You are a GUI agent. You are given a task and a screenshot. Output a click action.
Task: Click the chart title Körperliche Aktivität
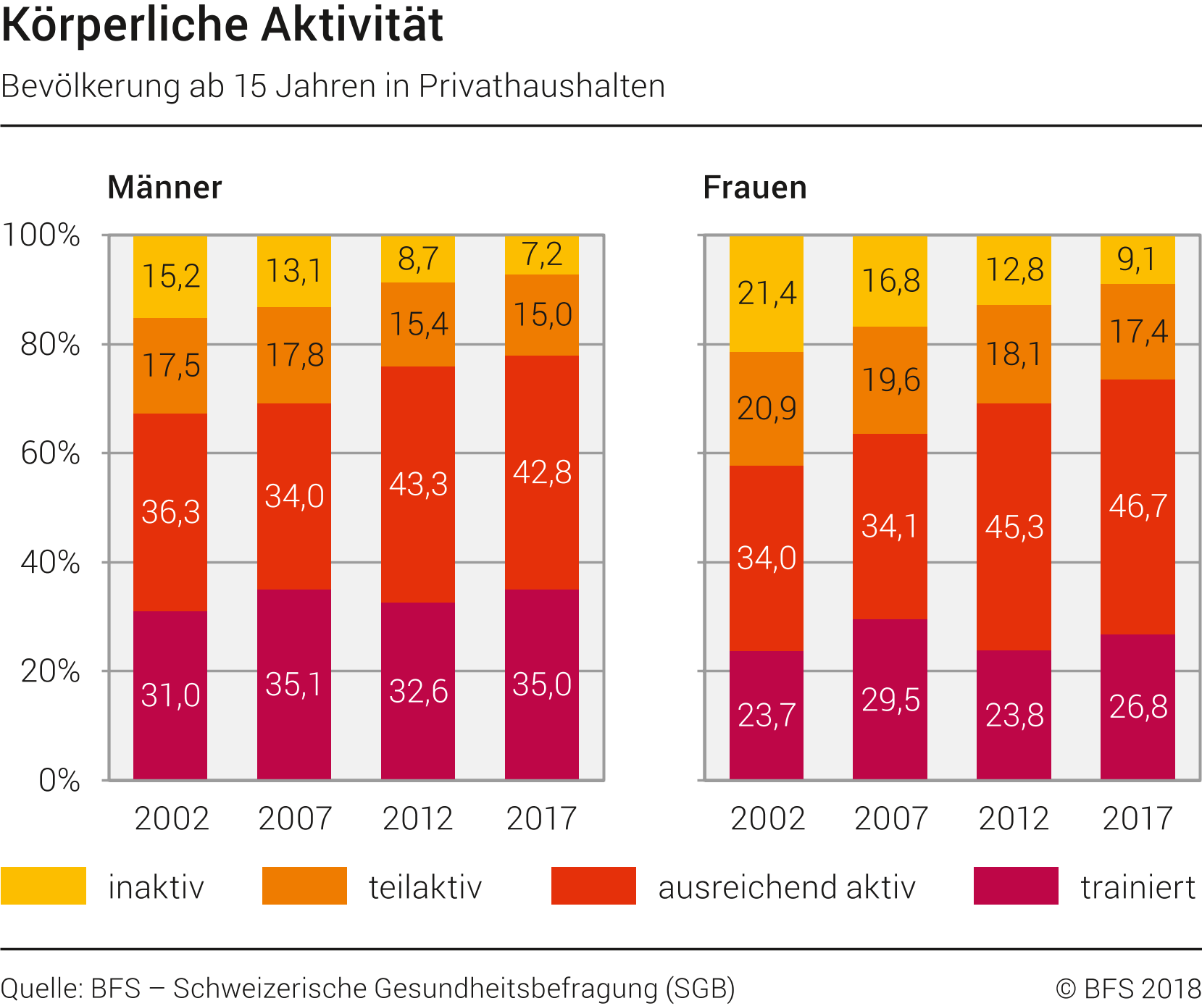click(222, 25)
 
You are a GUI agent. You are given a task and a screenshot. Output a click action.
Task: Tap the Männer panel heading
click(164, 188)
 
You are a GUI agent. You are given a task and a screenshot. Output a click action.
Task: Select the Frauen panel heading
click(754, 188)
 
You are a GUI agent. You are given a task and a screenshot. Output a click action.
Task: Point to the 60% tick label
click(50, 453)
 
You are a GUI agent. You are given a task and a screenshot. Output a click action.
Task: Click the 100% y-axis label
click(41, 235)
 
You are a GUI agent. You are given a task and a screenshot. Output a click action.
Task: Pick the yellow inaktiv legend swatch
click(43, 885)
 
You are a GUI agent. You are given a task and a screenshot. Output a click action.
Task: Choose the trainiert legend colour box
click(1016, 885)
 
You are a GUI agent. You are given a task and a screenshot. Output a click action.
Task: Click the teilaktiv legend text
click(425, 887)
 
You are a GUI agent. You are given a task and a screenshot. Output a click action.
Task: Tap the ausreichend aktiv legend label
click(786, 887)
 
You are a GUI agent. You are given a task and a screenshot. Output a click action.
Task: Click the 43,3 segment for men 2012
click(418, 484)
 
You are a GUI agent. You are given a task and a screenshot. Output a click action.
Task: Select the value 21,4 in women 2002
click(767, 293)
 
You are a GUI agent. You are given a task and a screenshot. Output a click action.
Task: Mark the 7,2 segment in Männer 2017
click(542, 255)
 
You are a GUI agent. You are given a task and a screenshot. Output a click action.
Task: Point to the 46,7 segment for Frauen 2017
click(1138, 506)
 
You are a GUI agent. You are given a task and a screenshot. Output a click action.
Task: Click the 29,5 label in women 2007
click(890, 700)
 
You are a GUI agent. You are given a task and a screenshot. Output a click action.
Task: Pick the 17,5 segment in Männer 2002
click(170, 366)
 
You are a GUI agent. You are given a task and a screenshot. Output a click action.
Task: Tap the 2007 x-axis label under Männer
click(294, 819)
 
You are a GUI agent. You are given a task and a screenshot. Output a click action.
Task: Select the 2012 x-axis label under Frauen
click(1014, 819)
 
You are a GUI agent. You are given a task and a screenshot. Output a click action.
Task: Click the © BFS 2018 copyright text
click(1128, 989)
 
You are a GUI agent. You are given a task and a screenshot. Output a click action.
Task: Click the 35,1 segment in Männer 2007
click(294, 684)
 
